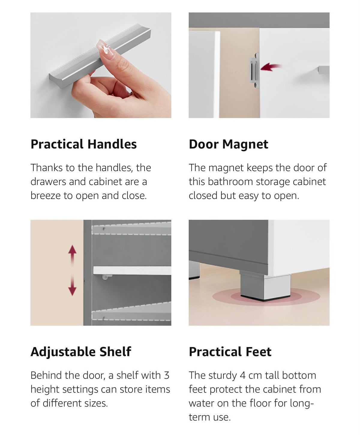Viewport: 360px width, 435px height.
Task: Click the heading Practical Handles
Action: pos(83,144)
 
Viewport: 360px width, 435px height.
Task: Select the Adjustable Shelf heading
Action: pos(81,352)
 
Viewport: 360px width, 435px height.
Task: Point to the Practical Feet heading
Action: pos(230,352)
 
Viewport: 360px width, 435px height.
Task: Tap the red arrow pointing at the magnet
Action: pos(271,67)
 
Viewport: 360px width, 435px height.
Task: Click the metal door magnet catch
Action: pos(254,70)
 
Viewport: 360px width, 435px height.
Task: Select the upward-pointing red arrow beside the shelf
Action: pos(72,255)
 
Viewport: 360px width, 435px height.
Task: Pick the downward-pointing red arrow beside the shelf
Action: pos(72,285)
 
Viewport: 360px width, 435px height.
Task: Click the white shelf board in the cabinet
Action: pos(132,270)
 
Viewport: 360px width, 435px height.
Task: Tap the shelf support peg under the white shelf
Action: pos(107,277)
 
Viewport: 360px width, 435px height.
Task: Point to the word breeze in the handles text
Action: pos(46,196)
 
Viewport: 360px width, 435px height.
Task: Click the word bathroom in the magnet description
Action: pos(230,182)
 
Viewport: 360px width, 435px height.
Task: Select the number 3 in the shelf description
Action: pos(166,376)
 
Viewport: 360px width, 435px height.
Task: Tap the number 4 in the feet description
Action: pos(242,376)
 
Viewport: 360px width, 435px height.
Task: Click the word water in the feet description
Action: pos(201,403)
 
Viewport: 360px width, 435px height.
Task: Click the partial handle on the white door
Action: pos(324,70)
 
